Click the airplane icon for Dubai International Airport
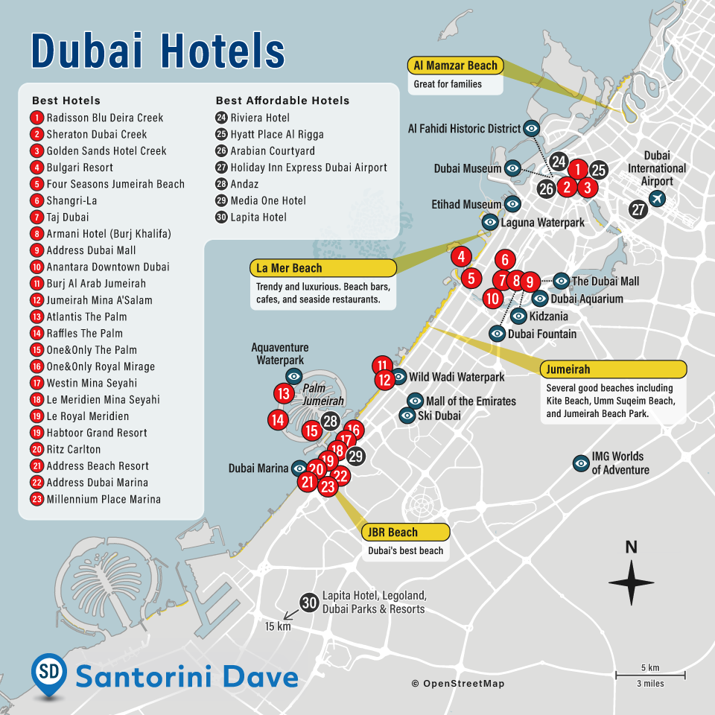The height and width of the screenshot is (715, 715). point(657,198)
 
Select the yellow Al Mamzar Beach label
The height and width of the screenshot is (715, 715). point(455,66)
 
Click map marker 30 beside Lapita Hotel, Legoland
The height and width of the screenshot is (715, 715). point(309,603)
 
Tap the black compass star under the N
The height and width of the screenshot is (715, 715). point(631,582)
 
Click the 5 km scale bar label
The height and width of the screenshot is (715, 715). point(650,667)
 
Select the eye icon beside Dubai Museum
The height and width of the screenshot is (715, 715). point(512,169)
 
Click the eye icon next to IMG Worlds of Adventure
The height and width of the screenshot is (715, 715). point(580,463)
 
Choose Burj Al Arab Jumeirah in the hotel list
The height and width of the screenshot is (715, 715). point(96,284)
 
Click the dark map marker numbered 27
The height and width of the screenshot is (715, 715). point(638,209)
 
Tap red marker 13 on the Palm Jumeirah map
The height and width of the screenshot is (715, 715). point(284,394)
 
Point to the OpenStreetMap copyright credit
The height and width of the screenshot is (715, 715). point(457,684)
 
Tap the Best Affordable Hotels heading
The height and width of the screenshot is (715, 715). point(282,101)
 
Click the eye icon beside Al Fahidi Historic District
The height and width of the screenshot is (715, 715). point(532,128)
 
